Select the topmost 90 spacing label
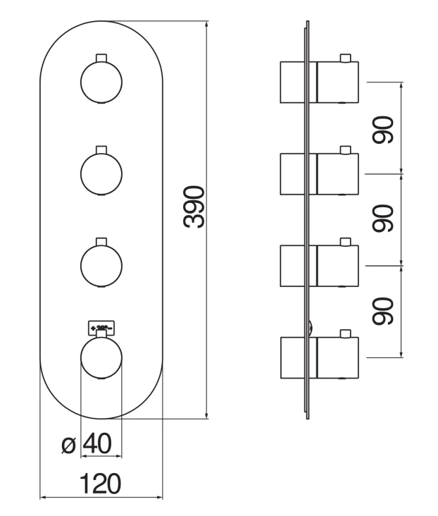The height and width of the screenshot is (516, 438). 383,128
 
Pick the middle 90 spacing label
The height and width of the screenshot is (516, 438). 383,219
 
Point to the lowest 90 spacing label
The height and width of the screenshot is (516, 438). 383,310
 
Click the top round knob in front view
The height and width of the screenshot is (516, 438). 101,82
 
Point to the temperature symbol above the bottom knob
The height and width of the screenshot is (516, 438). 101,327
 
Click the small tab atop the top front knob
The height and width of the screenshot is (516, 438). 101,56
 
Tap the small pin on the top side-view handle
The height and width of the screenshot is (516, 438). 345,57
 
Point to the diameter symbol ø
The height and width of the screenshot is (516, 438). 68,445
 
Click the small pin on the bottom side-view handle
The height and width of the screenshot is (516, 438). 345,332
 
